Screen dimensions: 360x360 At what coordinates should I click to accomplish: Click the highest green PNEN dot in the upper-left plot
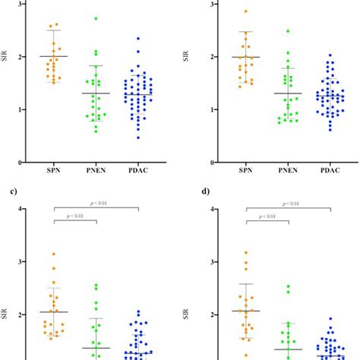(96, 18)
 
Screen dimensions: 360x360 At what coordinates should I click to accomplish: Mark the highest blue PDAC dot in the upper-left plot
(137, 38)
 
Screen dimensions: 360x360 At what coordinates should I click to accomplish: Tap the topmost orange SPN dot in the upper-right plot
(245, 11)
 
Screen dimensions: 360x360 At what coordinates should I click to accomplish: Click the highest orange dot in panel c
(53, 254)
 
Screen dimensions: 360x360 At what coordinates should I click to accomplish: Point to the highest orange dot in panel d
(245, 252)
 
